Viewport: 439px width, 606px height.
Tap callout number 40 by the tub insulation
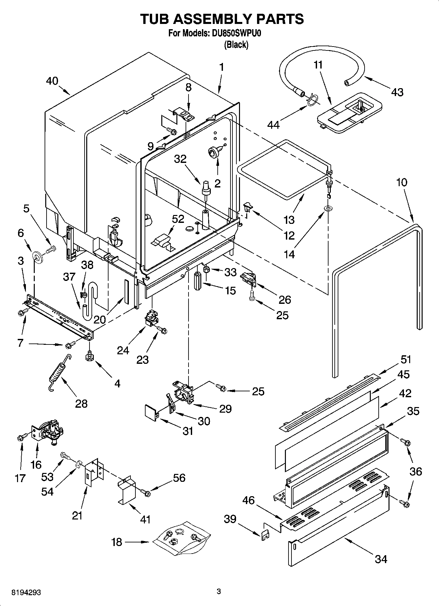pos(52,81)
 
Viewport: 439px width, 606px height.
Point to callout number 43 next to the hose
pos(397,92)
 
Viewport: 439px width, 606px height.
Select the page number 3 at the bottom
pos(219,591)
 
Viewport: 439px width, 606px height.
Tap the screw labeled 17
pos(21,437)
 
